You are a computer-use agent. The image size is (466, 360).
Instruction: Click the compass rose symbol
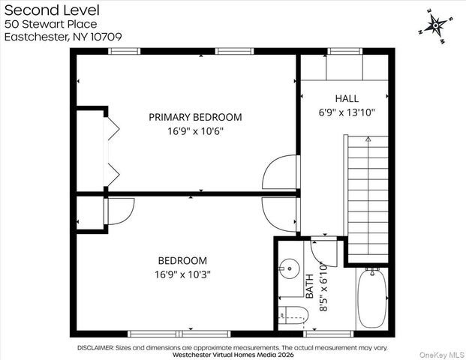436,25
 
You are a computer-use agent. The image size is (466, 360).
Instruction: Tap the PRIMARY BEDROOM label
195,117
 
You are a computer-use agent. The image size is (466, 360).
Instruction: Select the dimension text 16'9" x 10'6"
195,131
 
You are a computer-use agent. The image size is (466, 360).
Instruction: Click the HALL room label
347,98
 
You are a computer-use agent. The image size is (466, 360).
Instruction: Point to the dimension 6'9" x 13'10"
347,112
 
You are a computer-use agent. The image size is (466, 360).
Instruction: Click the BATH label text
310,286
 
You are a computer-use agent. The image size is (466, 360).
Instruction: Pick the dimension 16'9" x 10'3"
182,274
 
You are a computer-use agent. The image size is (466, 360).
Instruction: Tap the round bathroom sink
289,268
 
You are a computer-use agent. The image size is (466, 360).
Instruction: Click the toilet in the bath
293,315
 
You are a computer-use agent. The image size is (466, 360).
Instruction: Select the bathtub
372,298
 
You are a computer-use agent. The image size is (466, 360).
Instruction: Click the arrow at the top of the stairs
368,139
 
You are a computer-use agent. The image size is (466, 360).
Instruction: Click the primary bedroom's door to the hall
280,172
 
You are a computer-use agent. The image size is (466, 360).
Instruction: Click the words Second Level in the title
52,10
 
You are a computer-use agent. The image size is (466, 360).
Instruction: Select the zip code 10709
106,37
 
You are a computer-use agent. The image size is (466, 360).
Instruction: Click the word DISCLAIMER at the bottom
95,348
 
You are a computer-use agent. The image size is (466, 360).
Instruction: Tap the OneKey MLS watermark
442,355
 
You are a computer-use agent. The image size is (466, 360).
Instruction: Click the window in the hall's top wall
345,51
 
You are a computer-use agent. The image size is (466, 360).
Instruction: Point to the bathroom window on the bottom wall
329,334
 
